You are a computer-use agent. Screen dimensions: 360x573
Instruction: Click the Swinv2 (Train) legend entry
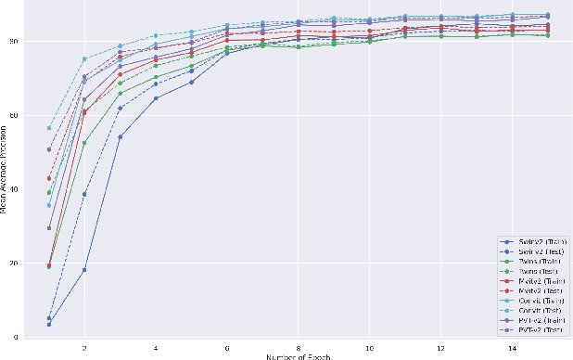tap(533, 240)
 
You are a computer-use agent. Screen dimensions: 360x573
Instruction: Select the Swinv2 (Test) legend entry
tap(533, 251)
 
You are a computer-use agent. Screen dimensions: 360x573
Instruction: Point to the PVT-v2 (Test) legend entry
tap(533, 329)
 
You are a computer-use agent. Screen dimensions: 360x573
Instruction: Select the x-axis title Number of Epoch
tap(297, 355)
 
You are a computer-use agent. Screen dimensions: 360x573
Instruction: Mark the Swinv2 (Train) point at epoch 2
tap(84, 270)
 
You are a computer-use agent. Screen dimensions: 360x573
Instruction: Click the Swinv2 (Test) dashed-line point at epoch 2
tap(84, 195)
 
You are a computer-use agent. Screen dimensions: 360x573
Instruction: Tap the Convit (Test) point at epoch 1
tap(49, 128)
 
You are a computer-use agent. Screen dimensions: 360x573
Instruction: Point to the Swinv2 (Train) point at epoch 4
tap(156, 98)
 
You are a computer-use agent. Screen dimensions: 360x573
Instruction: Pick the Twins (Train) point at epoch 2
tap(84, 143)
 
